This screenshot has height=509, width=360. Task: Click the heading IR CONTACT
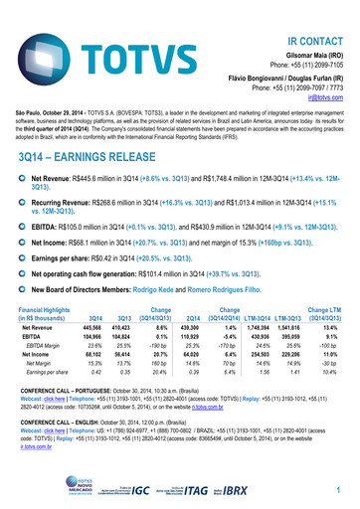317,13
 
